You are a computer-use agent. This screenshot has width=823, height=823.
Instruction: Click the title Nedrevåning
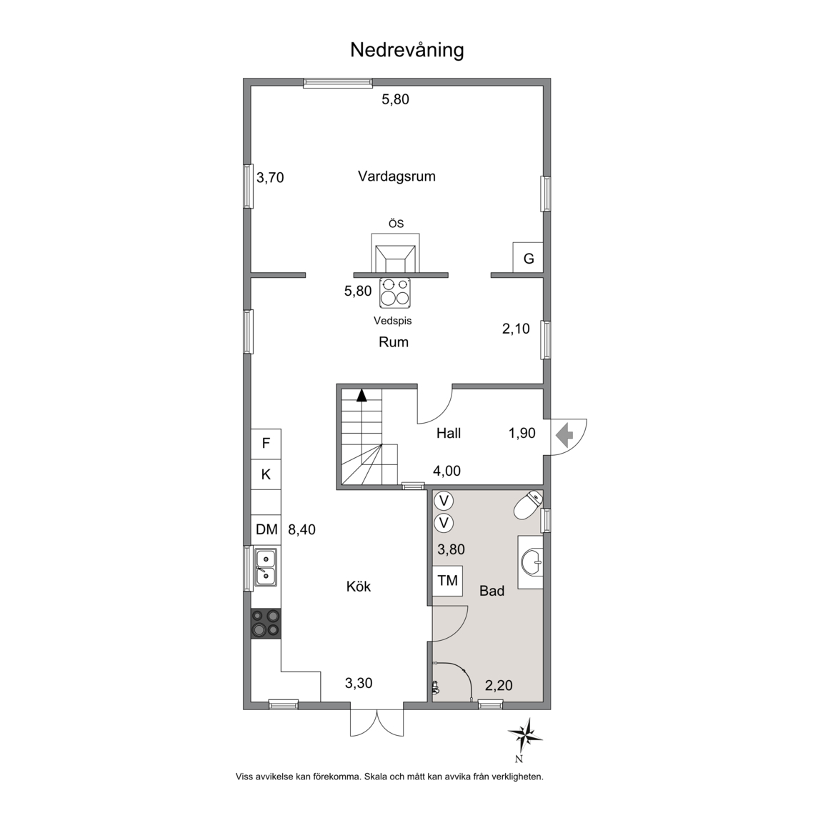tap(406, 51)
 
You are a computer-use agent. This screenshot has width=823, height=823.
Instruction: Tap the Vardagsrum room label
tap(396, 176)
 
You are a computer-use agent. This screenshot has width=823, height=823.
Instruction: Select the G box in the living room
tap(528, 258)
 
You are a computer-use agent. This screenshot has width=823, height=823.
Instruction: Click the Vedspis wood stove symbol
tap(394, 293)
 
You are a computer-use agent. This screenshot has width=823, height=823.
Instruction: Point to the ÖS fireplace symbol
tap(395, 253)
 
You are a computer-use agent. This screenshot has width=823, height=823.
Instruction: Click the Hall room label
tap(449, 433)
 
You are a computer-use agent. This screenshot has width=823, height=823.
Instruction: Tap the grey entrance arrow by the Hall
tap(565, 436)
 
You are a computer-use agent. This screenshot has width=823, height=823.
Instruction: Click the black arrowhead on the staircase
tap(361, 395)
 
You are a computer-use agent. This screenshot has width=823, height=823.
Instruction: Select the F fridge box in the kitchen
tap(266, 444)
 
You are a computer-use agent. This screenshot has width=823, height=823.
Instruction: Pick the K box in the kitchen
tap(266, 474)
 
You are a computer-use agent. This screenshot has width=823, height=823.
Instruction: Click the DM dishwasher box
tap(266, 529)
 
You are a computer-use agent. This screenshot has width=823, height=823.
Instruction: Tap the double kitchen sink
tap(266, 567)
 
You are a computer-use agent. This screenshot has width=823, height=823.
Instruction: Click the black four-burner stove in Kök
tap(266, 624)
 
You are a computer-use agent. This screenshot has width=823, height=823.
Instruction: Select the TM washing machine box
tap(448, 581)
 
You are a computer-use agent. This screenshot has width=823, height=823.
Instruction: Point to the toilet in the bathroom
tap(528, 505)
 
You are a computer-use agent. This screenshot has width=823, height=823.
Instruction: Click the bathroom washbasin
tap(531, 562)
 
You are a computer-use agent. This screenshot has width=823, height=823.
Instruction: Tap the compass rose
tap(525, 737)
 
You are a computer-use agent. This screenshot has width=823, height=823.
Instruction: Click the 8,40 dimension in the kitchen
tap(301, 529)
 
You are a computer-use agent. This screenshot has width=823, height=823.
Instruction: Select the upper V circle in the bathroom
tap(444, 501)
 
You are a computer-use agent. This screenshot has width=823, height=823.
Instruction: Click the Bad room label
tap(492, 591)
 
